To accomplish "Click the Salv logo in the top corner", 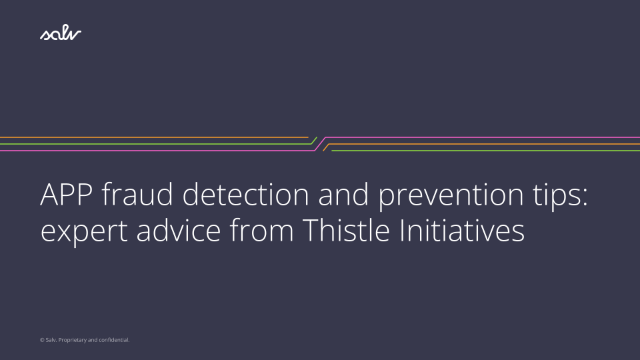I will (x=60, y=34).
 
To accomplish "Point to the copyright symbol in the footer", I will (x=42, y=340).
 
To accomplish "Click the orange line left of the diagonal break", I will (x=153, y=137).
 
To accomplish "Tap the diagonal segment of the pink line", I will (x=319, y=144).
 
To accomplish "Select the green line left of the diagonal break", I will (x=153, y=144).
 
